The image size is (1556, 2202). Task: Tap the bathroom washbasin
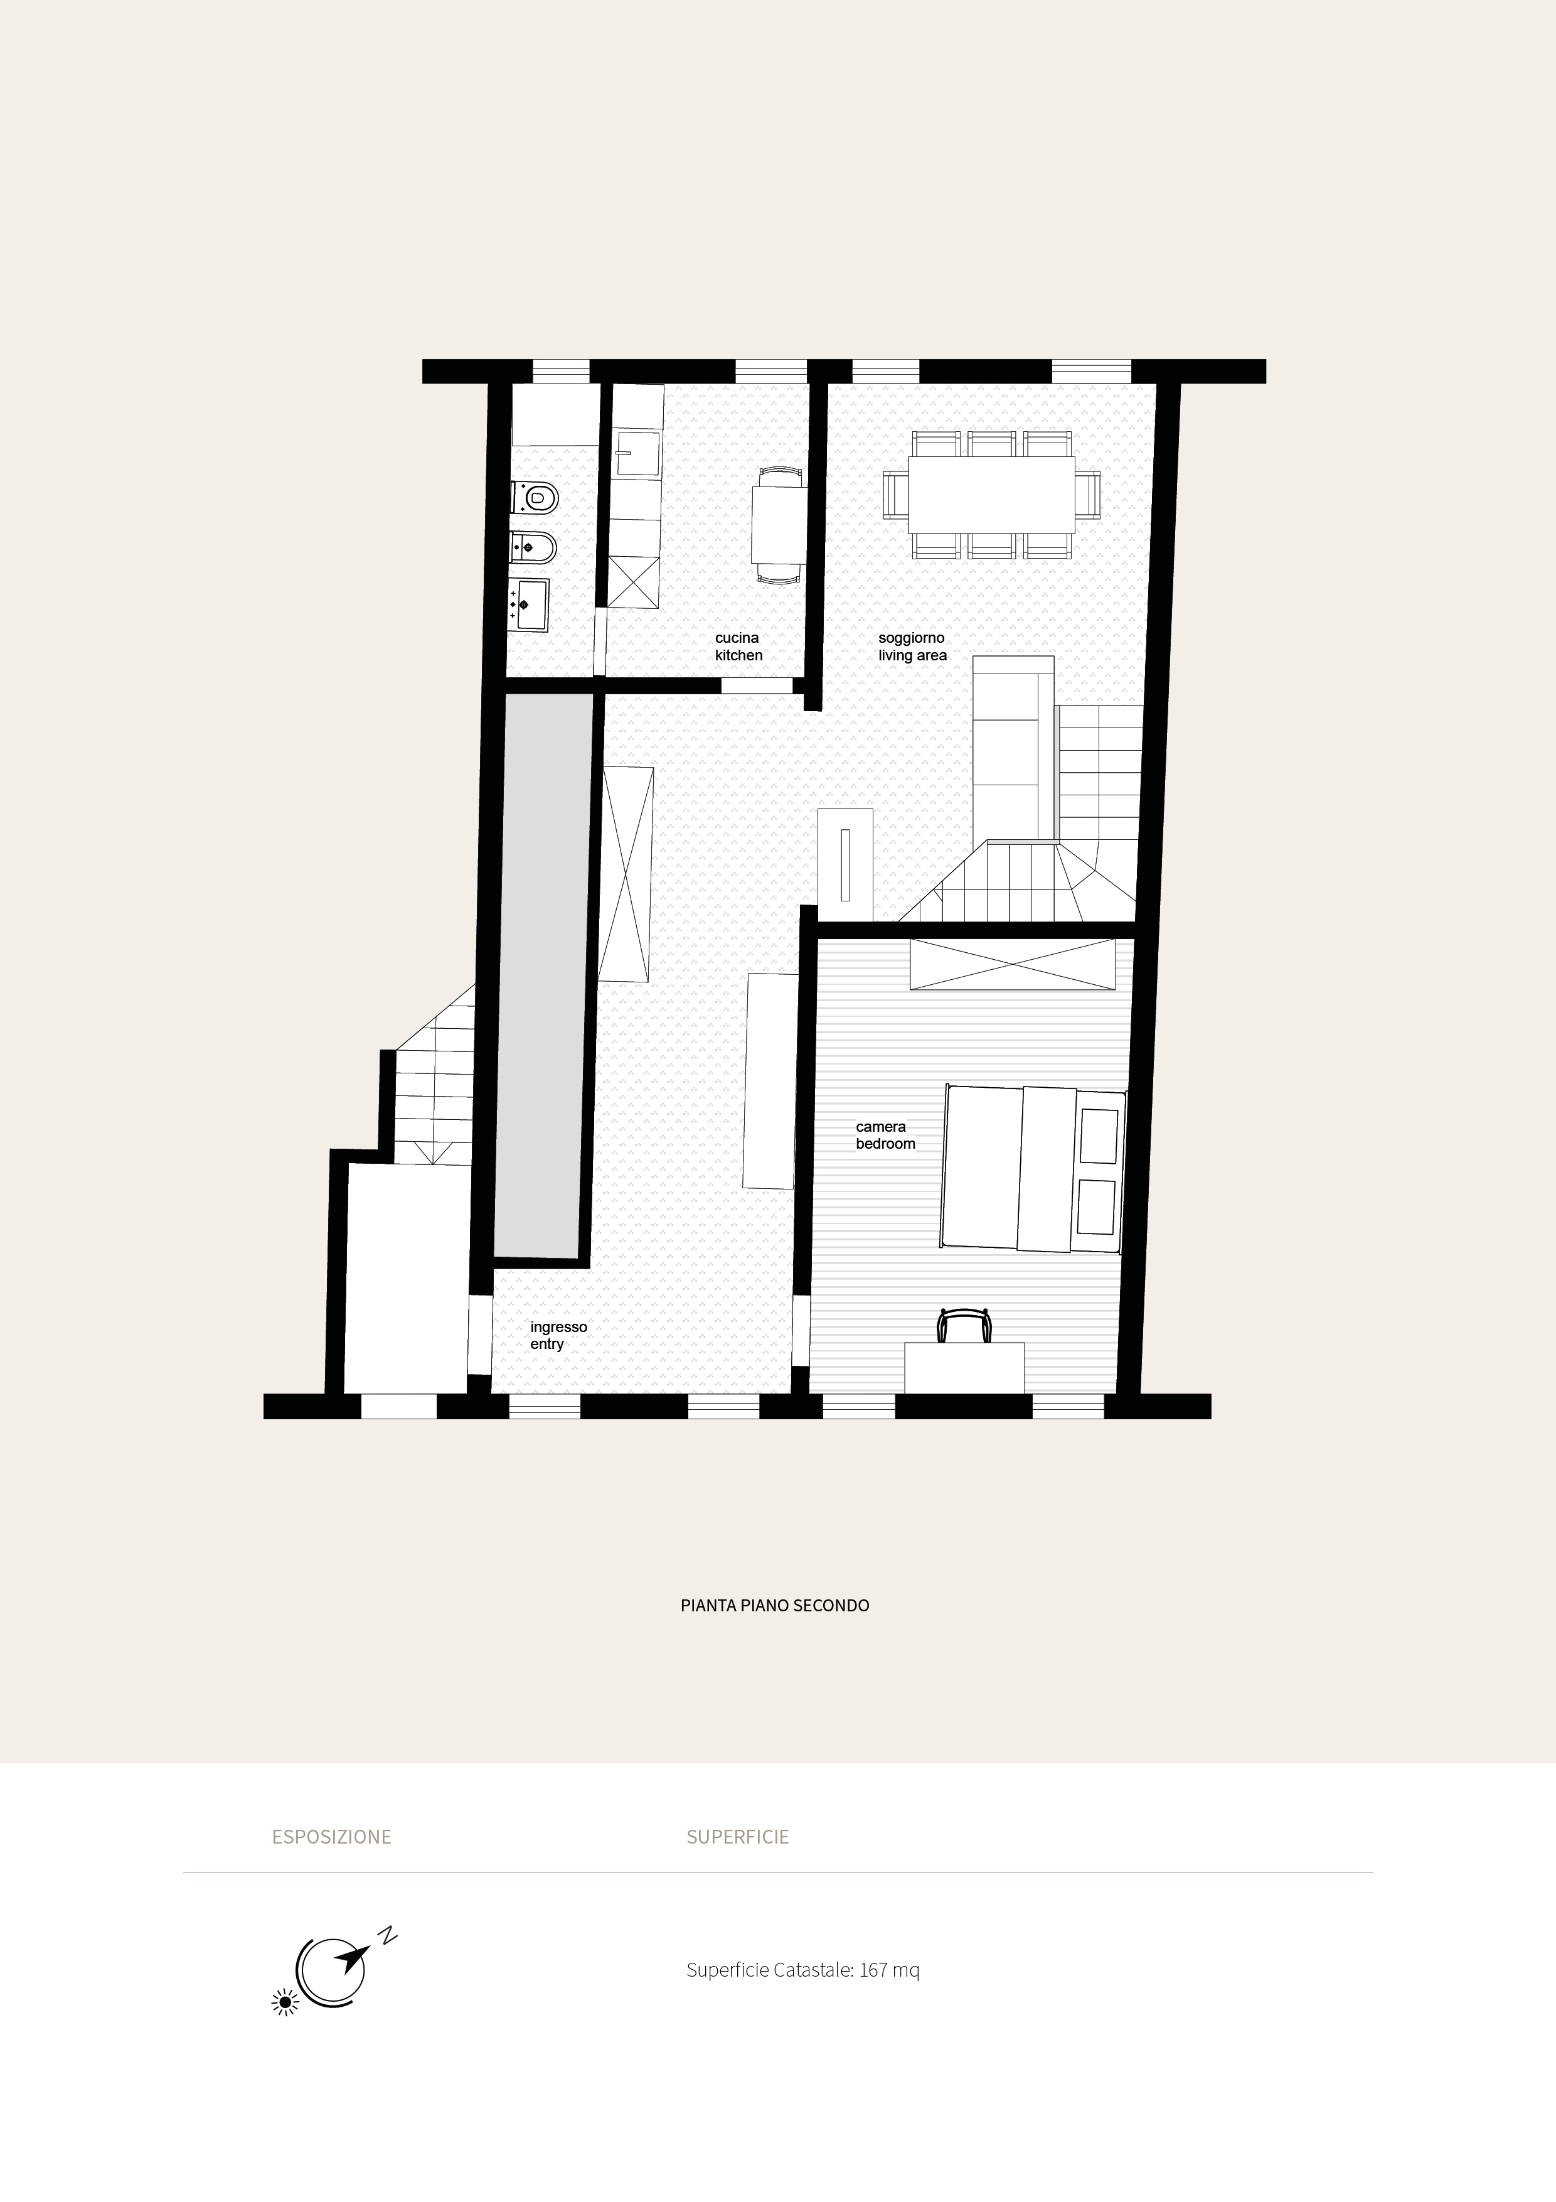click(529, 604)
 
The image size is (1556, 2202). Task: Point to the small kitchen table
click(779, 525)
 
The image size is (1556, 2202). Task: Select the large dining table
click(991, 495)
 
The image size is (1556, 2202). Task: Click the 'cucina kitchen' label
click(738, 647)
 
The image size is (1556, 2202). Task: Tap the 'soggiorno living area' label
click(912, 647)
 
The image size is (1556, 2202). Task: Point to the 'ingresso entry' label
click(558, 1335)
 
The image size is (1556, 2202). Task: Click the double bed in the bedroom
click(1033, 1168)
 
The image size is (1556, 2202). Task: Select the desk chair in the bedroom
click(964, 1326)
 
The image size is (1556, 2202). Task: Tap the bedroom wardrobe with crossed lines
click(1013, 964)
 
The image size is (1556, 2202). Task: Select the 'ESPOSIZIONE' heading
click(332, 1837)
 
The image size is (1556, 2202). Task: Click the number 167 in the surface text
click(873, 1970)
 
